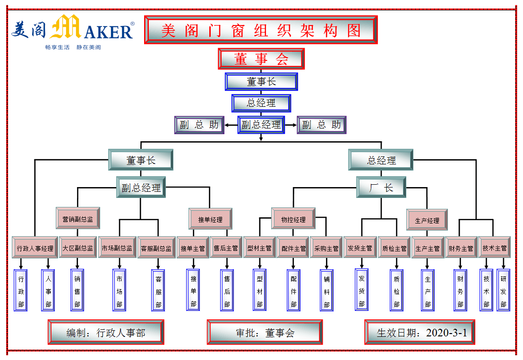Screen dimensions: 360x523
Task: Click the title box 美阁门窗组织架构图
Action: [261, 30]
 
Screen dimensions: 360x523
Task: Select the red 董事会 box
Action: [261, 59]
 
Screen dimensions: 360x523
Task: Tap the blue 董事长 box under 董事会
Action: [261, 82]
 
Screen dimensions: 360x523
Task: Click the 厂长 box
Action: [381, 188]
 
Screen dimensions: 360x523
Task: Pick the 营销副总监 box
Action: [77, 219]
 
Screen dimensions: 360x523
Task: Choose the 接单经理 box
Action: [210, 219]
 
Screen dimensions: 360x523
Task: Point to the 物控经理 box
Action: [293, 219]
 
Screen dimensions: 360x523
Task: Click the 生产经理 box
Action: [427, 220]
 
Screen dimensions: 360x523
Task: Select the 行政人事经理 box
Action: [35, 248]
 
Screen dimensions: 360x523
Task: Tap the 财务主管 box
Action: [461, 248]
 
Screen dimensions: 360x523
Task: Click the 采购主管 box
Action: [326, 248]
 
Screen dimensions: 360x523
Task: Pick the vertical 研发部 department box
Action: [503, 290]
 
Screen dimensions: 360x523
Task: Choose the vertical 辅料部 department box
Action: [326, 290]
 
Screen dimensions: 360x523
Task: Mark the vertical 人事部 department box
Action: [48, 290]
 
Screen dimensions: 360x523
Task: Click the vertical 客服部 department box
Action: [158, 290]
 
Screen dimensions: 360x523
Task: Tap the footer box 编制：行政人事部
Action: [106, 332]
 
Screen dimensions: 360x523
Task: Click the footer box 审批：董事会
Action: [265, 332]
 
